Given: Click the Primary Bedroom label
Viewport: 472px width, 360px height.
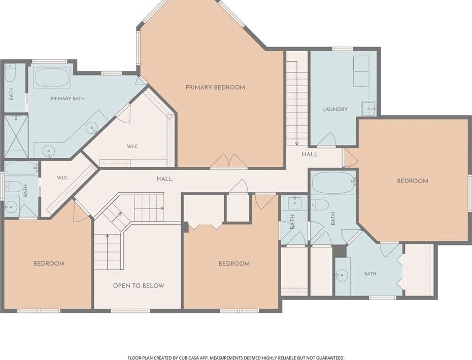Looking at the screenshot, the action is pyautogui.click(x=215, y=88).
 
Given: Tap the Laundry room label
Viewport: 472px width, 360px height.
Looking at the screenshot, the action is pyautogui.click(x=335, y=109).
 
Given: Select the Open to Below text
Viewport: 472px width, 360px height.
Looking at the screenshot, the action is pyautogui.click(x=139, y=285).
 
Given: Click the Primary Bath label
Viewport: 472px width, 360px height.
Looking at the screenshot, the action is pyautogui.click(x=68, y=98).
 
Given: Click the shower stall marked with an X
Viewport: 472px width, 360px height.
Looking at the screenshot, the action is pyautogui.click(x=16, y=136).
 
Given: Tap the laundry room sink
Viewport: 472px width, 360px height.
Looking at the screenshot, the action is pyautogui.click(x=368, y=109).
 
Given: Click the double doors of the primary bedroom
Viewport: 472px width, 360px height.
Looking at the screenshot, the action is pyautogui.click(x=229, y=161).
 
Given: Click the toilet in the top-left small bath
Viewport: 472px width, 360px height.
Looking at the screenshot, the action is pyautogui.click(x=10, y=73).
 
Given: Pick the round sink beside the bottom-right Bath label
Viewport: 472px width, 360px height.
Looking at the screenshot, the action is pyautogui.click(x=342, y=275).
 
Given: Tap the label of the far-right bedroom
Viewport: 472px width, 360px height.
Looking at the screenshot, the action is pyautogui.click(x=413, y=181).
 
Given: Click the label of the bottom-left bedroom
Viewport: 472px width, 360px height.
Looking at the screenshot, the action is pyautogui.click(x=49, y=264).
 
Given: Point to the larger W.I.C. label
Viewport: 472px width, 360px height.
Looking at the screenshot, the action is pyautogui.click(x=133, y=147).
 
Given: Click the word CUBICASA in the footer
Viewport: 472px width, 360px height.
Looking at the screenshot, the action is pyautogui.click(x=189, y=358).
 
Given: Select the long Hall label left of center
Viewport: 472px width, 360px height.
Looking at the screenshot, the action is pyautogui.click(x=164, y=179).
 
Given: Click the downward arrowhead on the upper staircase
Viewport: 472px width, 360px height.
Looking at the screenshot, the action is pyautogui.click(x=297, y=143).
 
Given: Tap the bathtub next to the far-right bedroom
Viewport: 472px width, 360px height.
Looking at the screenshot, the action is pyautogui.click(x=333, y=182).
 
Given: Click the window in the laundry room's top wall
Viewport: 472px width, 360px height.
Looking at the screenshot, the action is pyautogui.click(x=342, y=49).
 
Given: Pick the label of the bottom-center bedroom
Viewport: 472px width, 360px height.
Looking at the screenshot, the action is pyautogui.click(x=234, y=264).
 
